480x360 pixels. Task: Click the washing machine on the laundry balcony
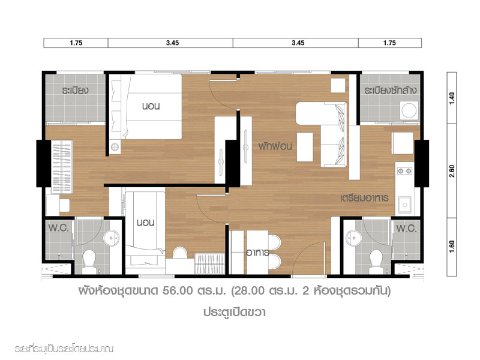[x=409, y=110]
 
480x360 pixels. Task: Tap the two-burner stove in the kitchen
[x=404, y=171]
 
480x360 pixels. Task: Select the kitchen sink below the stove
[x=404, y=205]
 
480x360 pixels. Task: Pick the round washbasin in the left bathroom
[x=111, y=238]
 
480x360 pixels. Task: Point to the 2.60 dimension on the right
[x=452, y=171]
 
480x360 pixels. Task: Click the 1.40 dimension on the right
[x=452, y=98]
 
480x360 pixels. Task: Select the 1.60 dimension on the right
[x=452, y=247]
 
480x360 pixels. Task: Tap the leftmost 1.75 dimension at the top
[x=76, y=43]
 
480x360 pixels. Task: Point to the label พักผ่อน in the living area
[x=275, y=146]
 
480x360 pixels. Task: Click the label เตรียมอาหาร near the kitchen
[x=364, y=198]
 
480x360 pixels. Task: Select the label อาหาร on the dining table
[x=258, y=253]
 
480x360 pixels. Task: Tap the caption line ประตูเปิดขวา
[x=234, y=312]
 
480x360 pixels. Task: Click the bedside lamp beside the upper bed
[x=115, y=147]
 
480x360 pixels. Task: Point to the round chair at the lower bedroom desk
[x=180, y=253]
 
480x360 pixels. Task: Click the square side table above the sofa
[x=338, y=85]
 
